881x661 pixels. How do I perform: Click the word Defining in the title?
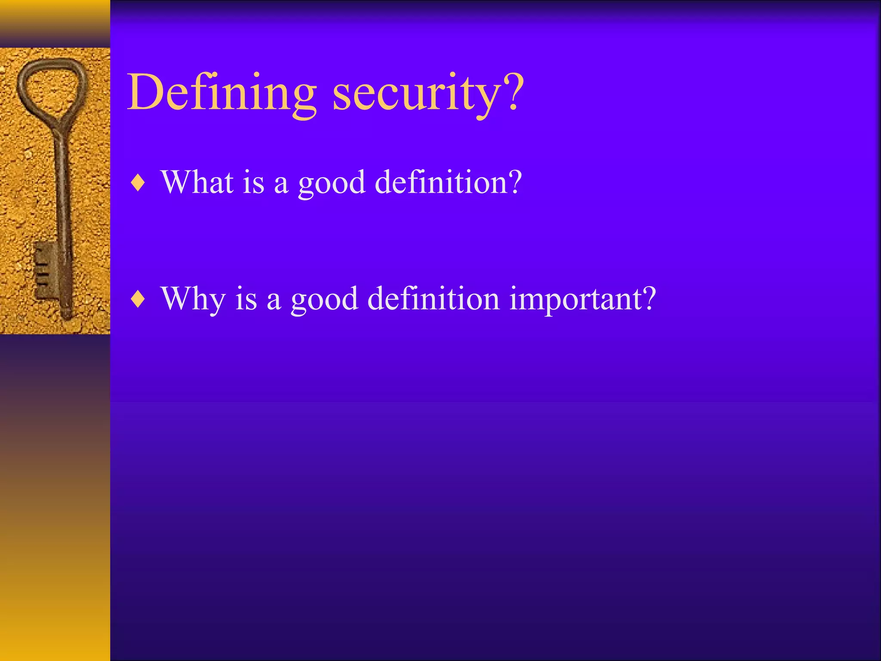222,93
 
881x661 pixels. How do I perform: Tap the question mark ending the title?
513,91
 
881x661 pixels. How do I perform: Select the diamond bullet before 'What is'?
138,183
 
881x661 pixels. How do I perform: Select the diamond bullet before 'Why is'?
138,299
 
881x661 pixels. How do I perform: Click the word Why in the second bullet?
192,299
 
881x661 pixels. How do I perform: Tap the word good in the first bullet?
332,184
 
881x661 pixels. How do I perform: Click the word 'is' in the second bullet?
246,299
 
